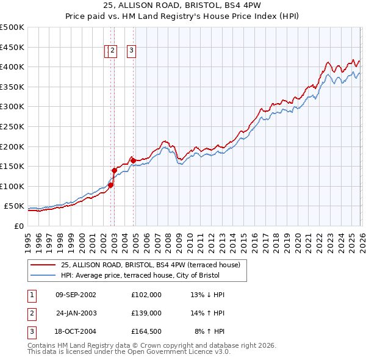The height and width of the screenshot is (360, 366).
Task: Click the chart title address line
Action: tap(183, 6)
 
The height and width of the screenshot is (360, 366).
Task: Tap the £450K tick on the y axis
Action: tap(12, 47)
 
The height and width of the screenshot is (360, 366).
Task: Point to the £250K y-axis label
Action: tap(12, 127)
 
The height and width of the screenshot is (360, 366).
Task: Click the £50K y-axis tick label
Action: tap(14, 206)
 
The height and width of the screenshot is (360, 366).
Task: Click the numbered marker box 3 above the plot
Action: tap(131, 51)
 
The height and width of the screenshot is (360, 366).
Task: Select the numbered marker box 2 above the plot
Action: tap(113, 51)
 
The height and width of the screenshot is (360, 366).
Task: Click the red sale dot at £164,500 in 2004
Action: tap(133, 160)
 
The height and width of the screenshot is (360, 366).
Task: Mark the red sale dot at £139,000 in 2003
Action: tap(114, 170)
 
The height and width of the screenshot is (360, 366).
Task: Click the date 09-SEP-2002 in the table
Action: tap(76, 295)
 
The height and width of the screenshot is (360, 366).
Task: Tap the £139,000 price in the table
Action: tap(146, 314)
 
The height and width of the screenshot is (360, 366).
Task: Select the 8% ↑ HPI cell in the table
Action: tap(209, 333)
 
